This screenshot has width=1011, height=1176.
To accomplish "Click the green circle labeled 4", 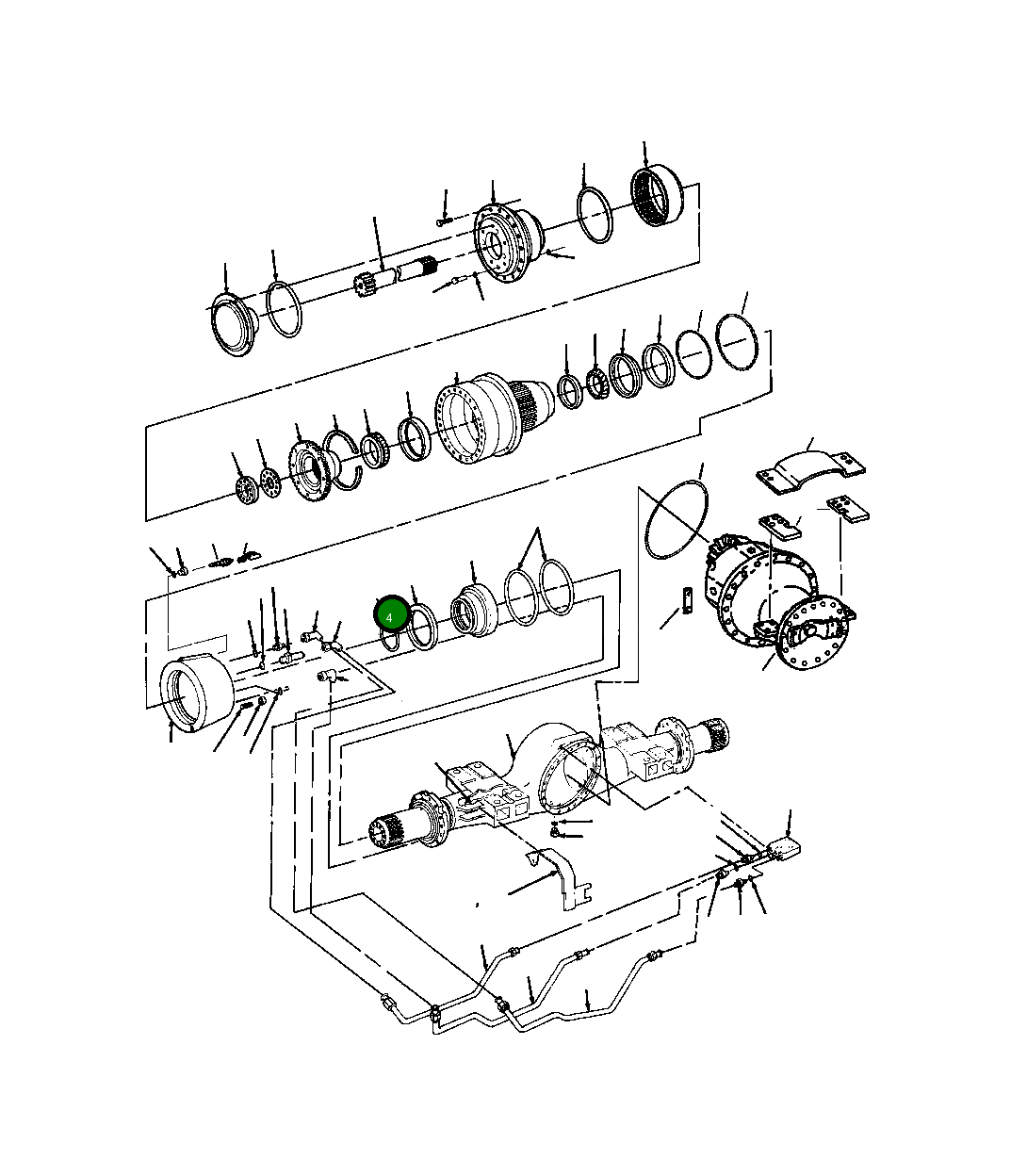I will click(389, 616).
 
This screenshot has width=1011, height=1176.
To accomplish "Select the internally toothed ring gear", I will click(656, 197).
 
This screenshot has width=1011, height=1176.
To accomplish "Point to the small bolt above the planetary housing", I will click(443, 222).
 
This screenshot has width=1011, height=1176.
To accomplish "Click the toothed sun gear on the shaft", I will click(366, 284).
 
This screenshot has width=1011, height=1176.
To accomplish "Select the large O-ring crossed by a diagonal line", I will click(676, 521).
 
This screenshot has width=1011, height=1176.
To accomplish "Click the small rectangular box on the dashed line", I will click(784, 850).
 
